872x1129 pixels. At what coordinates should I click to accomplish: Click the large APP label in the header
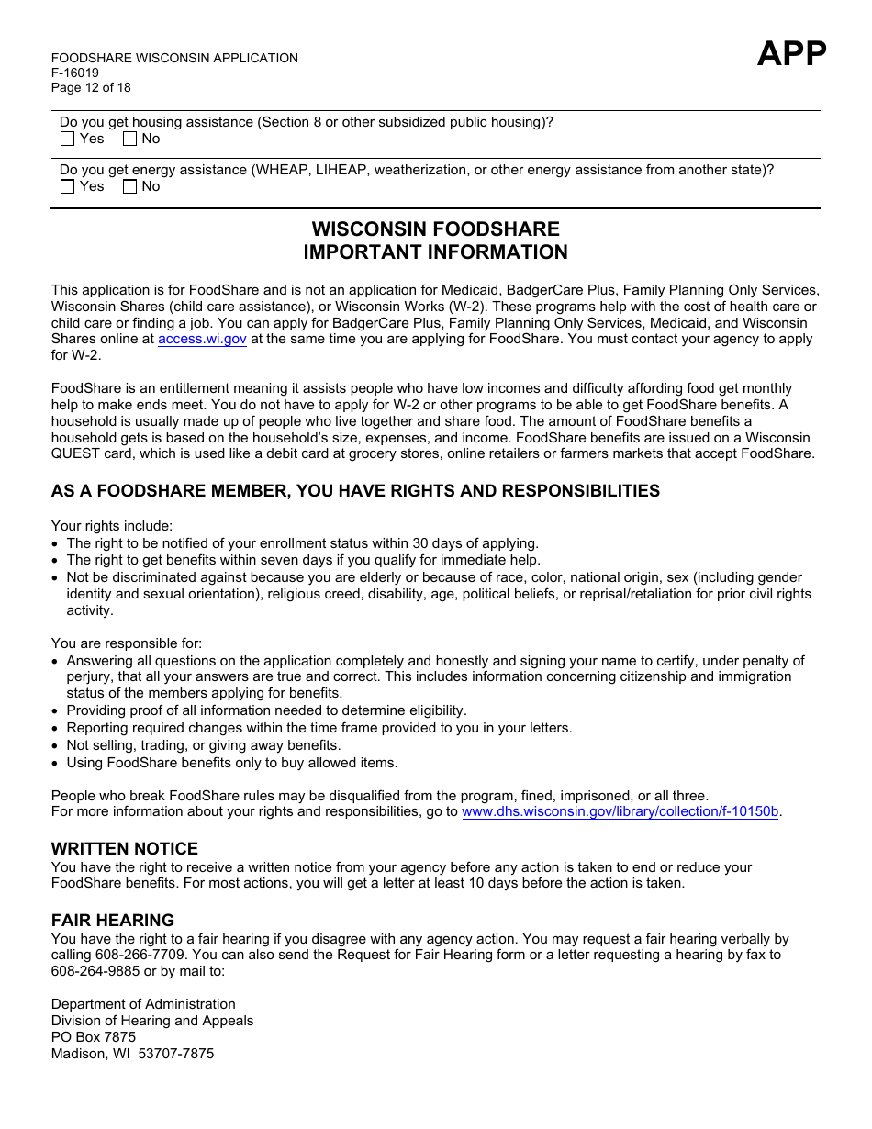point(791,54)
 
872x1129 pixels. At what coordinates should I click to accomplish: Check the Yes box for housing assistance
point(67,139)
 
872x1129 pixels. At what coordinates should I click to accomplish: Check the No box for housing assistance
point(129,139)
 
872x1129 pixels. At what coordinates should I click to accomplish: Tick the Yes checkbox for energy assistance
point(67,186)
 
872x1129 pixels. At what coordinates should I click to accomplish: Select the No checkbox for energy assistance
point(129,186)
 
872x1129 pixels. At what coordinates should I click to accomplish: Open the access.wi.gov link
point(202,339)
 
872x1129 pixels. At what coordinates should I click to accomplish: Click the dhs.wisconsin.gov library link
point(620,811)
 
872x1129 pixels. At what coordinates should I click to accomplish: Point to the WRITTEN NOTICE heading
point(125,849)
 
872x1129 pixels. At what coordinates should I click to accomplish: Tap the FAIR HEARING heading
point(113,920)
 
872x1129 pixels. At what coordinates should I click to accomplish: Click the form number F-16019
point(75,73)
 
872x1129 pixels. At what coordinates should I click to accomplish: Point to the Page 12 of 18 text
point(91,87)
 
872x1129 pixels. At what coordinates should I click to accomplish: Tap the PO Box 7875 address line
point(94,1037)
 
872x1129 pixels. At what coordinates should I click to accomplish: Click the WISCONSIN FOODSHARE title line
point(435,229)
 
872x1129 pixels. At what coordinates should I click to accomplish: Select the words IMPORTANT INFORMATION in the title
point(435,252)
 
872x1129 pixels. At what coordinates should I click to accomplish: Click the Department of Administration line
point(143,1004)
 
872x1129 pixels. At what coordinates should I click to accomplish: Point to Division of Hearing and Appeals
point(152,1021)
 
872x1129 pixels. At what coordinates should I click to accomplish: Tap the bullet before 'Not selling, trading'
point(56,746)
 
